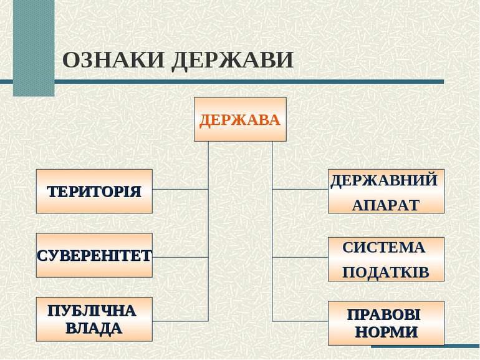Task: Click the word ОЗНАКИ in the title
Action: click(113, 60)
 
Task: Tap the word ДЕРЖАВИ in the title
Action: click(233, 61)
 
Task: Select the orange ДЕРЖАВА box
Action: click(240, 119)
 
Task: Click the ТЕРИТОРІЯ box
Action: click(94, 191)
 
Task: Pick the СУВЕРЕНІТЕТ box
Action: click(94, 255)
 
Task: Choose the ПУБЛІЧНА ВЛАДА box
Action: click(94, 319)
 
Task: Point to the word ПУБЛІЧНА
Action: click(92, 311)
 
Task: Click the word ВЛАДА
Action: click(94, 328)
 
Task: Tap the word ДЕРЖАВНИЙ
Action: click(384, 181)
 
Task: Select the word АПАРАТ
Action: click(385, 205)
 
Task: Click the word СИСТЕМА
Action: click(384, 248)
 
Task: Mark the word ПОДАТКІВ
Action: click(386, 273)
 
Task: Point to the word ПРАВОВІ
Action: click(384, 314)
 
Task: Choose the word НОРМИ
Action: click(386, 332)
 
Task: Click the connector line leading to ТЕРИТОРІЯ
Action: click(180, 189)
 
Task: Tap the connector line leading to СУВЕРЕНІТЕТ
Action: click(180, 257)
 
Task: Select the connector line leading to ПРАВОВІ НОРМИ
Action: click(300, 321)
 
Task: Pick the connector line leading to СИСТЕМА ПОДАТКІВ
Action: click(300, 257)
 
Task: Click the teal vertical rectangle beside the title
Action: click(34, 48)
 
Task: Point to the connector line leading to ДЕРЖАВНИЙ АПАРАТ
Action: click(300, 189)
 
